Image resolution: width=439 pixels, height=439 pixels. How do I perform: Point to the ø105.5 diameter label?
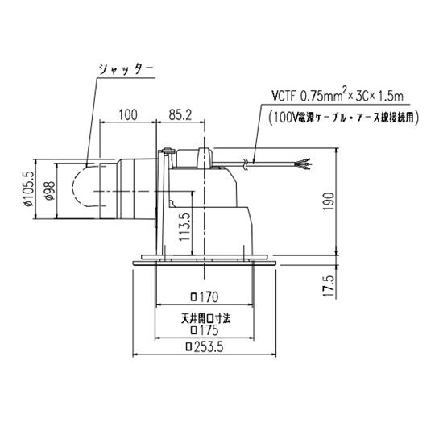tap(29, 190)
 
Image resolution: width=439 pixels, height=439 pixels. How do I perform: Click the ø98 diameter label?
tap(50, 190)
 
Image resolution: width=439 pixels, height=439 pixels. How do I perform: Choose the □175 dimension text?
tap(204, 330)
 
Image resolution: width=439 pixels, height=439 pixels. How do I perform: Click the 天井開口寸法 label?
tap(204, 317)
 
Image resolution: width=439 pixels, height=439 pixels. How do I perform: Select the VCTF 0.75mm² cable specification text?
tap(321, 97)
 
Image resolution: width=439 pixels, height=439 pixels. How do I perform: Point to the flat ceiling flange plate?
tap(204, 263)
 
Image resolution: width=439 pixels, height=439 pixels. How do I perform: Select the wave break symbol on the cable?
tap(246, 165)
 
